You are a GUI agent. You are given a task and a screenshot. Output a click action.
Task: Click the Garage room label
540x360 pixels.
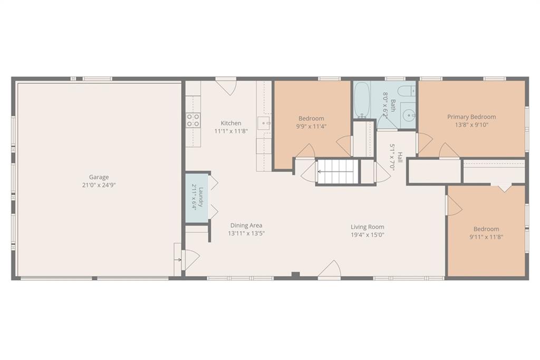point(99,177)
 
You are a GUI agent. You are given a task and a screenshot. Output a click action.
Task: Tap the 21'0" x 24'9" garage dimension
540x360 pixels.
point(99,185)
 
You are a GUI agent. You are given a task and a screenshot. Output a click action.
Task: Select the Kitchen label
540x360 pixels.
point(231,123)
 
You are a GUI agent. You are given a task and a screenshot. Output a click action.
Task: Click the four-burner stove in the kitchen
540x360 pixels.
point(193,120)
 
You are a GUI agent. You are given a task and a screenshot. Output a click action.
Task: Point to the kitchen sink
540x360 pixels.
point(265,123)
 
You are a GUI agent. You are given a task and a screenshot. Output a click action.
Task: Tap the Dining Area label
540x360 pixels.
point(246,226)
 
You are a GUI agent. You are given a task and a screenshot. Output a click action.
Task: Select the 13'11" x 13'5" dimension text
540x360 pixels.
point(246,233)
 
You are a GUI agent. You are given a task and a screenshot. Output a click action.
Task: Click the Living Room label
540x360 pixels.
point(368,227)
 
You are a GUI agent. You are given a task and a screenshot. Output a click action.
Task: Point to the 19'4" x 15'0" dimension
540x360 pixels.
point(368,235)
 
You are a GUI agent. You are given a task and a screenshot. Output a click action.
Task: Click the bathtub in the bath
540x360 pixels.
point(362,100)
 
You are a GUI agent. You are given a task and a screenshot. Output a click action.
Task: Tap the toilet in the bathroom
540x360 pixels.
point(407,91)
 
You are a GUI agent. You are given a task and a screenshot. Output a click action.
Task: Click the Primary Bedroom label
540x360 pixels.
point(471,116)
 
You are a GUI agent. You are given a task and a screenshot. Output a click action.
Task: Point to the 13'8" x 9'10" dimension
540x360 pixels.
point(471,125)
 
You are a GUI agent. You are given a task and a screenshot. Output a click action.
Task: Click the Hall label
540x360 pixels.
point(400,157)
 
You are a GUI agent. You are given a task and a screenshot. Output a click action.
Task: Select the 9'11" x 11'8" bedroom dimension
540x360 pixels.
point(486,237)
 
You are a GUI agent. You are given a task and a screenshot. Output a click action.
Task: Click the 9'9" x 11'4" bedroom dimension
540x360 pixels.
point(311,127)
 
